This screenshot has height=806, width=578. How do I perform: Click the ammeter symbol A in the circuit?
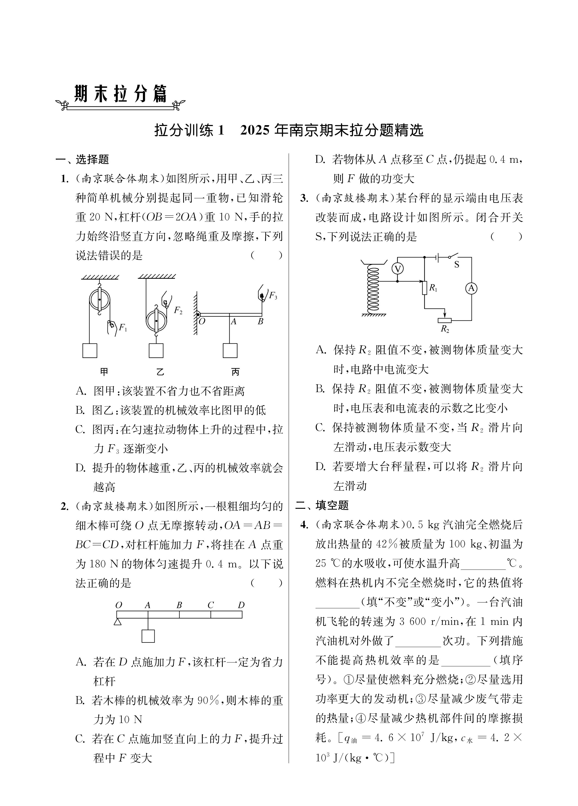471,289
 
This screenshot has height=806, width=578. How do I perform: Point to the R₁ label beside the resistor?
433,288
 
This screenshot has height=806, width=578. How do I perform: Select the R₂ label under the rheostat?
445,329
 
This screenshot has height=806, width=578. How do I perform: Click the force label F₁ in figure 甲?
123,327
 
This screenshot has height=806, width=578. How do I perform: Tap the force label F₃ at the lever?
273,295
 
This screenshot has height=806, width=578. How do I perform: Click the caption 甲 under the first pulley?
104,372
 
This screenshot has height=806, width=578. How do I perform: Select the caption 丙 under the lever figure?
235,372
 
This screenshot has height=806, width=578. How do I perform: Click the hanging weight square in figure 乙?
156,351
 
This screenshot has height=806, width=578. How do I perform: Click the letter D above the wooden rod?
241,605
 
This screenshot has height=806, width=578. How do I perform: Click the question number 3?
304,198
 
